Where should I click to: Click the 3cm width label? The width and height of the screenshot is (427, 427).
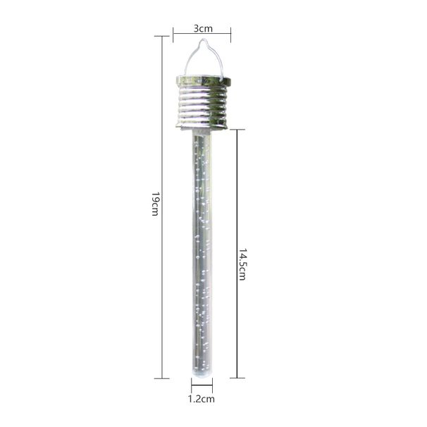point(203,29)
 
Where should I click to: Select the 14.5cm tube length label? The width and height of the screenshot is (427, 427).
point(242,264)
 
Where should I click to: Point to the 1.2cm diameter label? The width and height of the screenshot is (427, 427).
point(202,398)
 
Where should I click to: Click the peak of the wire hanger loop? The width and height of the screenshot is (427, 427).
point(202,42)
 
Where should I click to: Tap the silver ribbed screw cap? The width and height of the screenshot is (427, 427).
point(202,102)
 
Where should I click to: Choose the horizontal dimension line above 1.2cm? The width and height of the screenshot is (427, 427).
point(202,386)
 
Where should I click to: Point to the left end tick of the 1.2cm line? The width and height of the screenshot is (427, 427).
point(192,386)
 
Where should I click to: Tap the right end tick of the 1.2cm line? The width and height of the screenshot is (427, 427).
point(211,386)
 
